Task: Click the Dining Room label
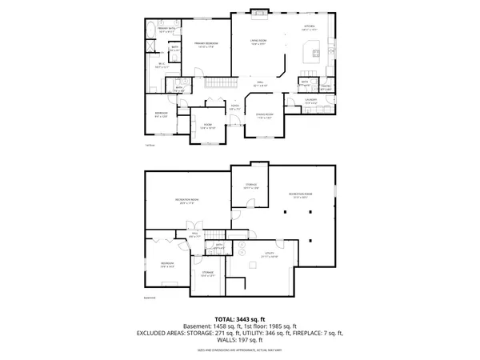(265, 117)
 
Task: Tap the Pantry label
(326, 86)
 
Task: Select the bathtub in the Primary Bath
(151, 33)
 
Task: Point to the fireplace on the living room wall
(258, 11)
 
